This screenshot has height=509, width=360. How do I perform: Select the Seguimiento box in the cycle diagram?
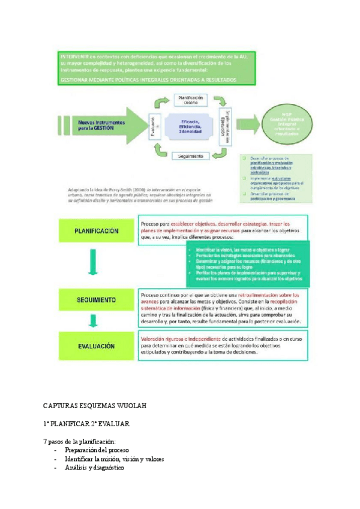(191, 156)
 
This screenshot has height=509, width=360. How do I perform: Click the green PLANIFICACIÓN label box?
(96, 230)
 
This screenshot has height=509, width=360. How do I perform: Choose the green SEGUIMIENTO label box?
(96, 298)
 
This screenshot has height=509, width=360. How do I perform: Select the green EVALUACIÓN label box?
(96, 346)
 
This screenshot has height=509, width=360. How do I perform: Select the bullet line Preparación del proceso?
(97, 450)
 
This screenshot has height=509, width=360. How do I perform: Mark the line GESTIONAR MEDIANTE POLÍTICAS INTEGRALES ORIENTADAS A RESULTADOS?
(148, 79)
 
